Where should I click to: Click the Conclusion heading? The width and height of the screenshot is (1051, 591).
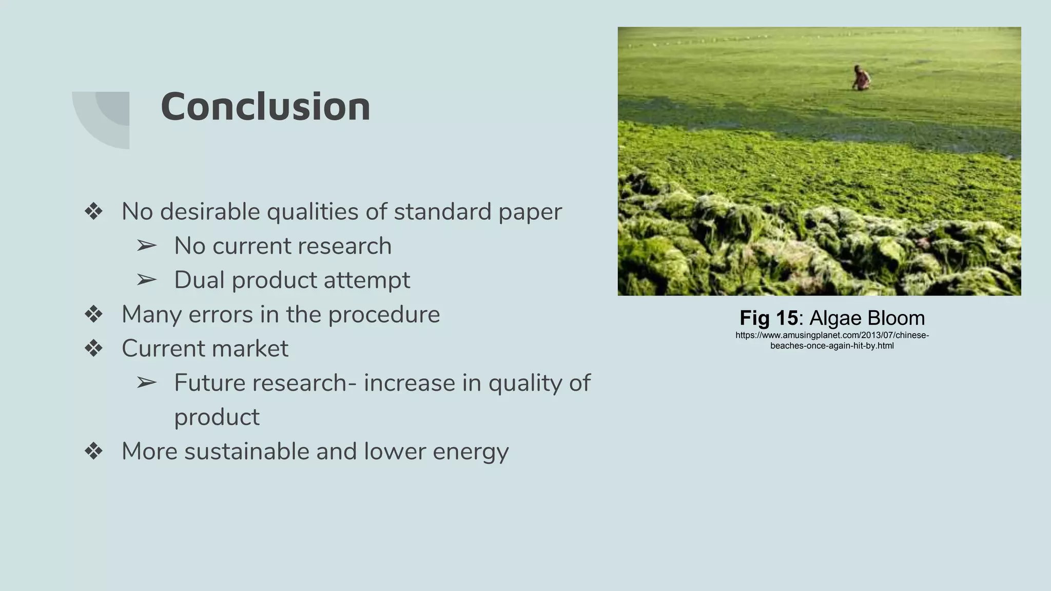[265, 107]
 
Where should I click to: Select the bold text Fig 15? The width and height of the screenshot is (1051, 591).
[768, 318]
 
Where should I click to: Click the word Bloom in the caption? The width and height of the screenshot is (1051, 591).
[896, 318]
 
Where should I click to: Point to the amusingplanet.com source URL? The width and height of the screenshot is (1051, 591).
[832, 340]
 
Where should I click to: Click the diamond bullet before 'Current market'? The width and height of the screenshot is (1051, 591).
[94, 348]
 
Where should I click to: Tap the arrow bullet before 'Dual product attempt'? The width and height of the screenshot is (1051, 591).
[146, 280]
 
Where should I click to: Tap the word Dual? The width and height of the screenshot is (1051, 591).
[200, 280]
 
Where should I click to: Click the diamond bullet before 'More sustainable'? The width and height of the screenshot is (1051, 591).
[94, 451]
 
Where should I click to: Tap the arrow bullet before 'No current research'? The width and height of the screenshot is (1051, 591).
[146, 246]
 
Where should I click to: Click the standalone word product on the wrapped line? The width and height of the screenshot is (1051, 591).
[217, 418]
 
